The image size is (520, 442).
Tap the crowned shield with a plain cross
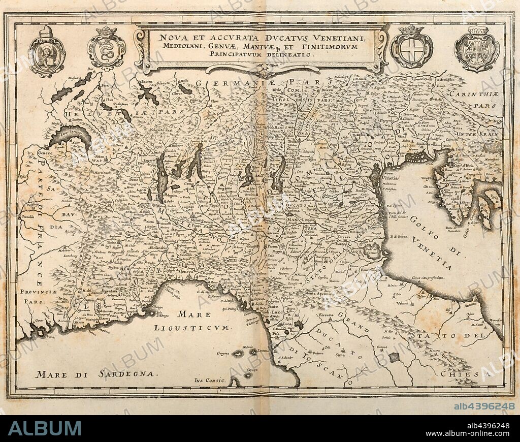411,48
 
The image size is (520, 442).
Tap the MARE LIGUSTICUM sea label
192,322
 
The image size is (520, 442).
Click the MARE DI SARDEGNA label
94,374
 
